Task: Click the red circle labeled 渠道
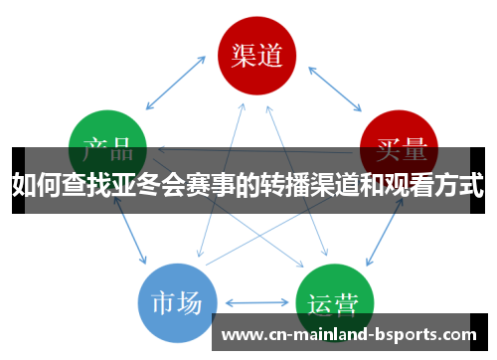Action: point(256,54)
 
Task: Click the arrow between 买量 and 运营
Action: point(384,228)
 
